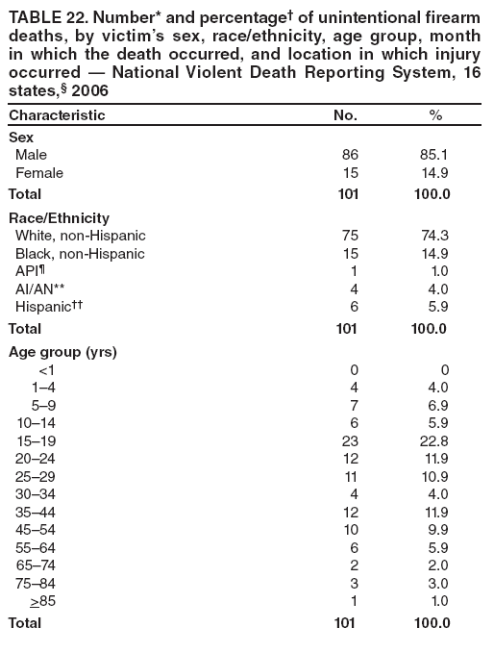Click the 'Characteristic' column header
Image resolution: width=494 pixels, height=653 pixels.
click(57, 115)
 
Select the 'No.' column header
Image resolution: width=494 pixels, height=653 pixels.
click(345, 115)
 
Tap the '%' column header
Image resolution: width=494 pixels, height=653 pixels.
click(435, 115)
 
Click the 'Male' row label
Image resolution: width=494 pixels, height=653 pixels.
click(31, 154)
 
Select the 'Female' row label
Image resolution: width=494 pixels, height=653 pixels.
click(39, 173)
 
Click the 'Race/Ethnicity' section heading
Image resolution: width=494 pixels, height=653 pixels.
click(59, 217)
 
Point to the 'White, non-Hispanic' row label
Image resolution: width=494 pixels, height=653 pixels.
click(81, 236)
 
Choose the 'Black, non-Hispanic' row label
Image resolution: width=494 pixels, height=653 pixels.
click(81, 254)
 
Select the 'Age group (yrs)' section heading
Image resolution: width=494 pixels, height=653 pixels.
click(62, 352)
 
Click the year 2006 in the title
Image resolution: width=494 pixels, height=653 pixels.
click(89, 90)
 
